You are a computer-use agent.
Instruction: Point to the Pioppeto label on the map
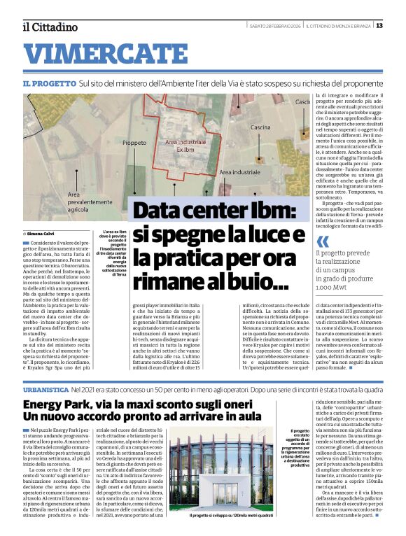(x=134, y=142)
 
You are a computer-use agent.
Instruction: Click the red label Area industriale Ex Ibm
(x=185, y=146)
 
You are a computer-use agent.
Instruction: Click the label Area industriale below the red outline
(x=239, y=171)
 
